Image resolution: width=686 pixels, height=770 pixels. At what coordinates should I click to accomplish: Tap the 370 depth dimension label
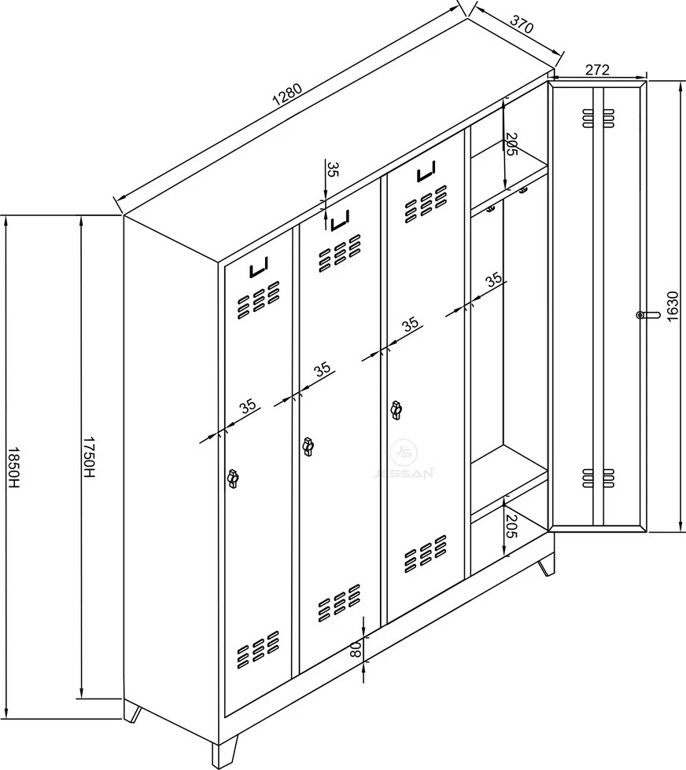[x=522, y=24]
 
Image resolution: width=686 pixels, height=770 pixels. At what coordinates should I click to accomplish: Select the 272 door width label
[x=597, y=70]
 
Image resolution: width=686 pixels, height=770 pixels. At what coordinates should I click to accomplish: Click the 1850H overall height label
[x=13, y=468]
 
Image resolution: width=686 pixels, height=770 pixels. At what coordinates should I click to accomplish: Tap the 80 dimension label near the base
[x=355, y=651]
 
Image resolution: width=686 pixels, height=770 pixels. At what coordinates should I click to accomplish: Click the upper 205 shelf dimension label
[x=512, y=145]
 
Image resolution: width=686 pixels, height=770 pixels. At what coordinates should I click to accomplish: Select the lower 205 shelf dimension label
[x=512, y=526]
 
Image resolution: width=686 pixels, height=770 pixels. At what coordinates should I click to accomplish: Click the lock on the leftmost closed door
[x=232, y=478]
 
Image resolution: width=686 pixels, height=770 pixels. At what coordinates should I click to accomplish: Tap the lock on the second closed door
[x=308, y=446]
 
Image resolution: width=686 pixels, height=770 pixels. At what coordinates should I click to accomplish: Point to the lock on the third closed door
[x=396, y=410]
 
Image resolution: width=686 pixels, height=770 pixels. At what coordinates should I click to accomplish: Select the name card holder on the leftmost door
[x=259, y=268]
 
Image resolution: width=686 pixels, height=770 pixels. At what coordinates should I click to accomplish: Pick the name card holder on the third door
[x=426, y=171]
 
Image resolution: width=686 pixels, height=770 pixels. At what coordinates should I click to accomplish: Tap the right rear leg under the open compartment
[x=546, y=566]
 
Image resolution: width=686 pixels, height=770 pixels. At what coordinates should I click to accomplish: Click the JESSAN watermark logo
[x=403, y=459]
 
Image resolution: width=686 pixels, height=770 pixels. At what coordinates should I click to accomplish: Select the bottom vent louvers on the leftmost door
[x=258, y=650]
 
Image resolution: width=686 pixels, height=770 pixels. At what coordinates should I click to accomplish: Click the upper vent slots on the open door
[x=598, y=117]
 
